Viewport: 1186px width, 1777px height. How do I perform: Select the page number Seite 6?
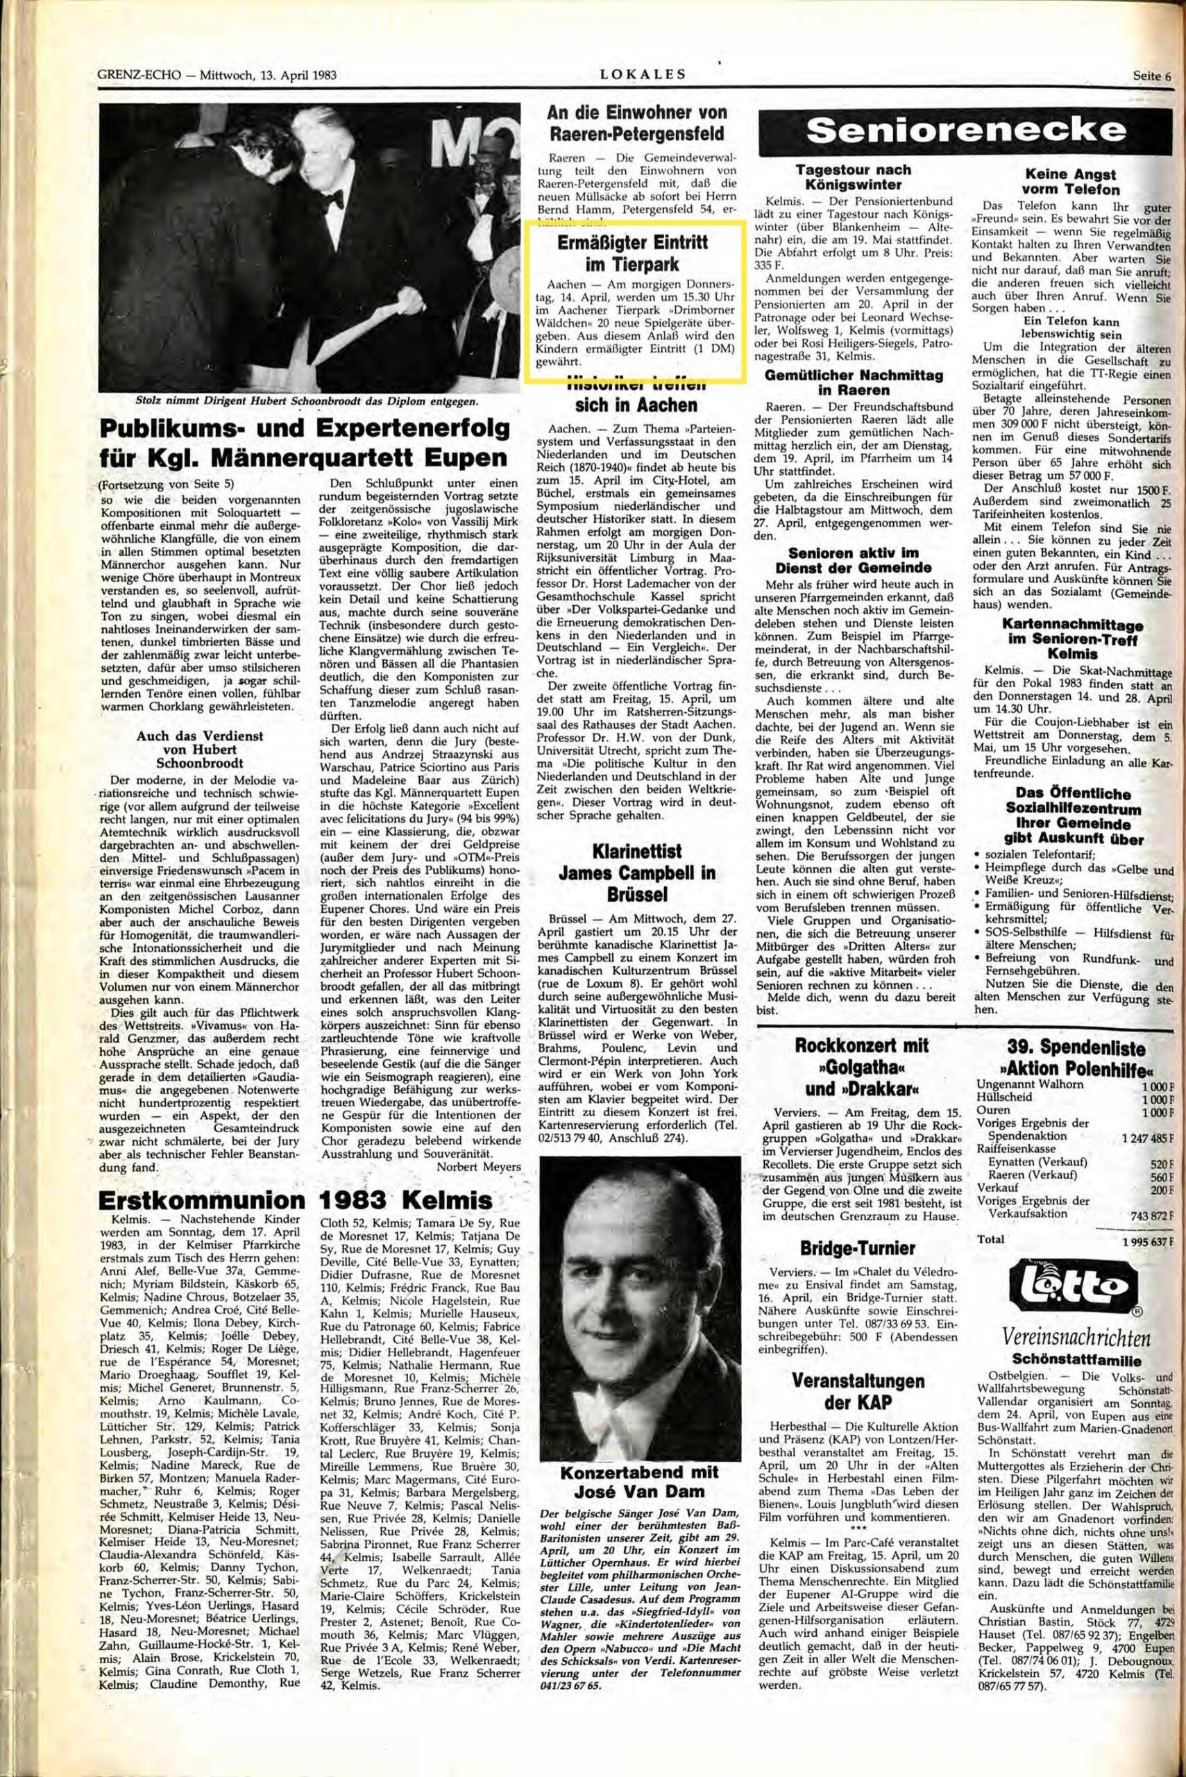pyautogui.click(x=1151, y=75)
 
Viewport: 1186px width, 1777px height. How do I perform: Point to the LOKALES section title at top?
pyautogui.click(x=641, y=74)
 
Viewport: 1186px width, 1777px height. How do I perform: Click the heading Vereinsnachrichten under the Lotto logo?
pyautogui.click(x=1077, y=1340)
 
